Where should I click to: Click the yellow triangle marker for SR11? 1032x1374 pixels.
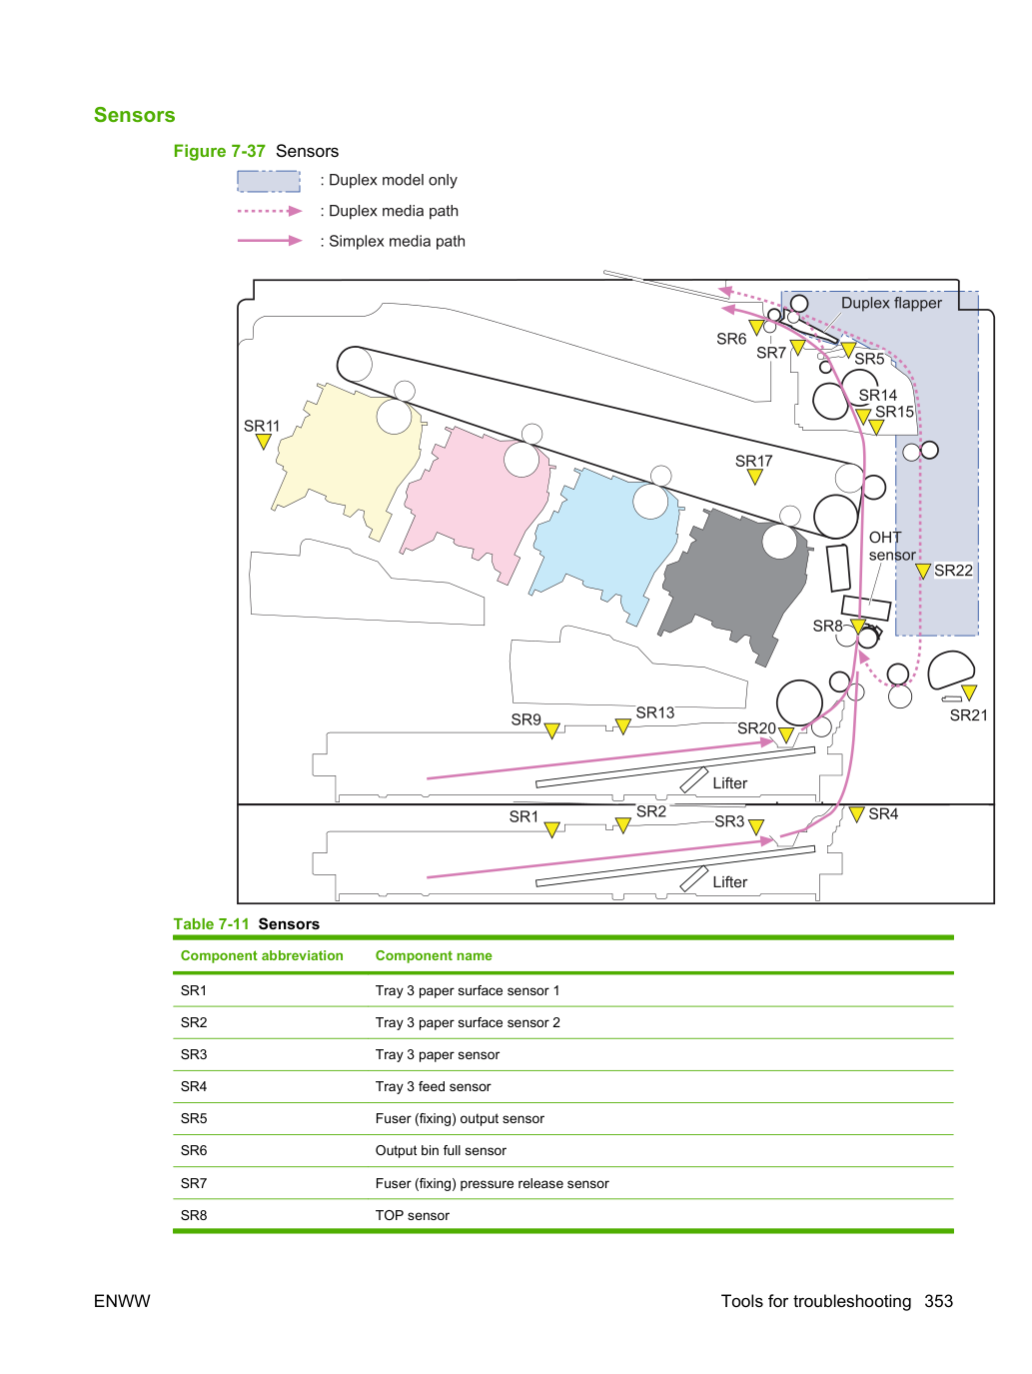264,442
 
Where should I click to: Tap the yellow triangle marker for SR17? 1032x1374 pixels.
754,477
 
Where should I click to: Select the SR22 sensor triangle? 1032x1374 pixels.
922,571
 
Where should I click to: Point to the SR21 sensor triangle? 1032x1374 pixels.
969,692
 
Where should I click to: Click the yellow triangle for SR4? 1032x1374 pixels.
856,814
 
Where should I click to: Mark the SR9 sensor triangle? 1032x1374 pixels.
551,730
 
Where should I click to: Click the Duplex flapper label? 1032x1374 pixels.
890,303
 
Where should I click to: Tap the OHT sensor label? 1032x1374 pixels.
891,546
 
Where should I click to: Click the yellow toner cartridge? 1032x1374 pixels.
348,460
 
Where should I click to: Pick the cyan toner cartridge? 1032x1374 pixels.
605,546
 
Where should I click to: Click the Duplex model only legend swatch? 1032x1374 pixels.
269,181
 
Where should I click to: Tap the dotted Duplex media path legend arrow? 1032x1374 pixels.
270,211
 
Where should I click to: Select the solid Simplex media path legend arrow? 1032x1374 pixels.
270,241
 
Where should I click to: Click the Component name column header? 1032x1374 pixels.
433,955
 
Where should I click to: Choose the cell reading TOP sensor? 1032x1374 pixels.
412,1215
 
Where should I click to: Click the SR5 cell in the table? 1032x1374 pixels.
194,1118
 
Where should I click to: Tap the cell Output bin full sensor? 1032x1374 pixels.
441,1150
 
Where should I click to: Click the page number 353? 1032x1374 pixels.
938,1301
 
